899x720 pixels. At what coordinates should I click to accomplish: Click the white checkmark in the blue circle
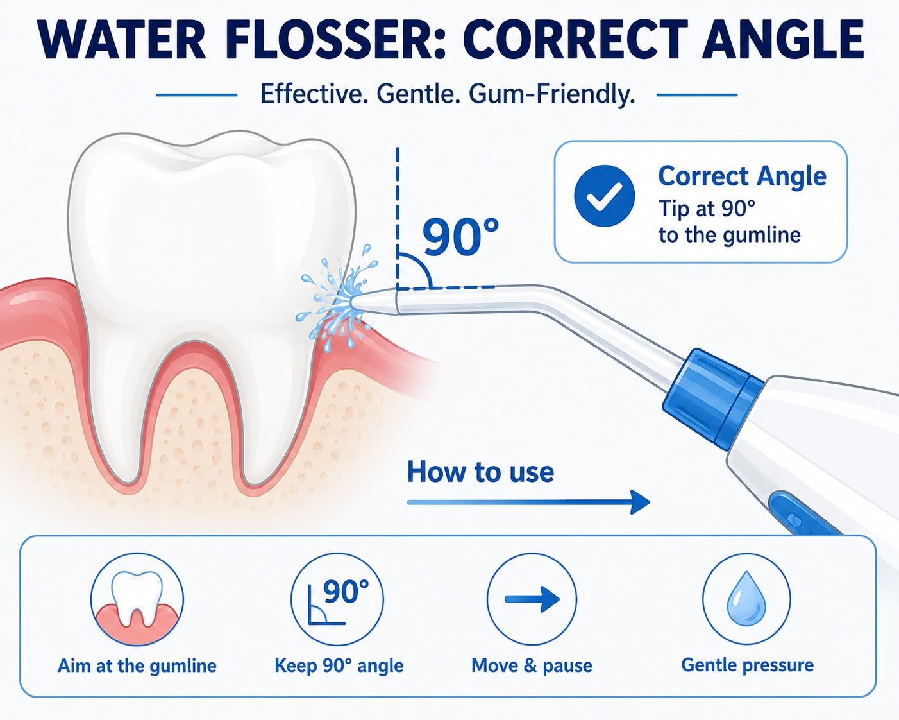[x=605, y=196]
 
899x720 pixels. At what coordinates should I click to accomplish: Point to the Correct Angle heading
[x=743, y=176]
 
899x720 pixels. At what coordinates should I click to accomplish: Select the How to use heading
[x=480, y=472]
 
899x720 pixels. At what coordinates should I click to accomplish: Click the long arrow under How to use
[x=528, y=502]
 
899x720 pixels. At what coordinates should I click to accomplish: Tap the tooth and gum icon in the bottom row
[x=137, y=599]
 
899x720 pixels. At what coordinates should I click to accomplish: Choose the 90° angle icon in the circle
[x=337, y=599]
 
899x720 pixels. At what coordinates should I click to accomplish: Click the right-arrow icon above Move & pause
[x=532, y=599]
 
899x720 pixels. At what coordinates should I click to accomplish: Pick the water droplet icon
[x=746, y=599]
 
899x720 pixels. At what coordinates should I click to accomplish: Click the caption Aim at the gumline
[x=137, y=666]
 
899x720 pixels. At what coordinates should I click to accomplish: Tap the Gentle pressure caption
[x=748, y=665]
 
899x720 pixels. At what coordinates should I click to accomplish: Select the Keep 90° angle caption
[x=339, y=665]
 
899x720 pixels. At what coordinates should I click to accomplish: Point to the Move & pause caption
[x=532, y=665]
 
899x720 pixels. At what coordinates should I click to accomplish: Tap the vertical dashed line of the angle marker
[x=398, y=218]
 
